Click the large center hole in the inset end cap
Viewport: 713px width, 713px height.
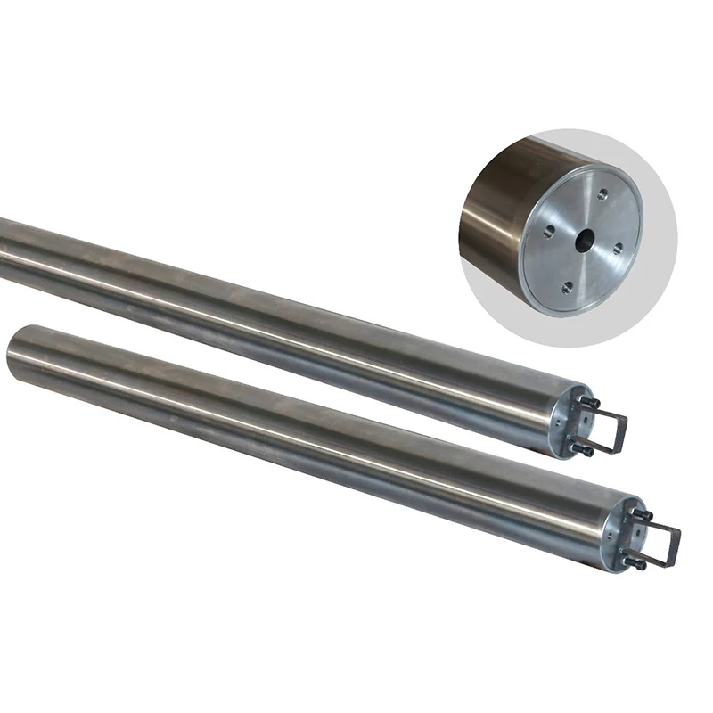coord(584,240)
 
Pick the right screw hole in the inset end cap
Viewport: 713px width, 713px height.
coord(617,249)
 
